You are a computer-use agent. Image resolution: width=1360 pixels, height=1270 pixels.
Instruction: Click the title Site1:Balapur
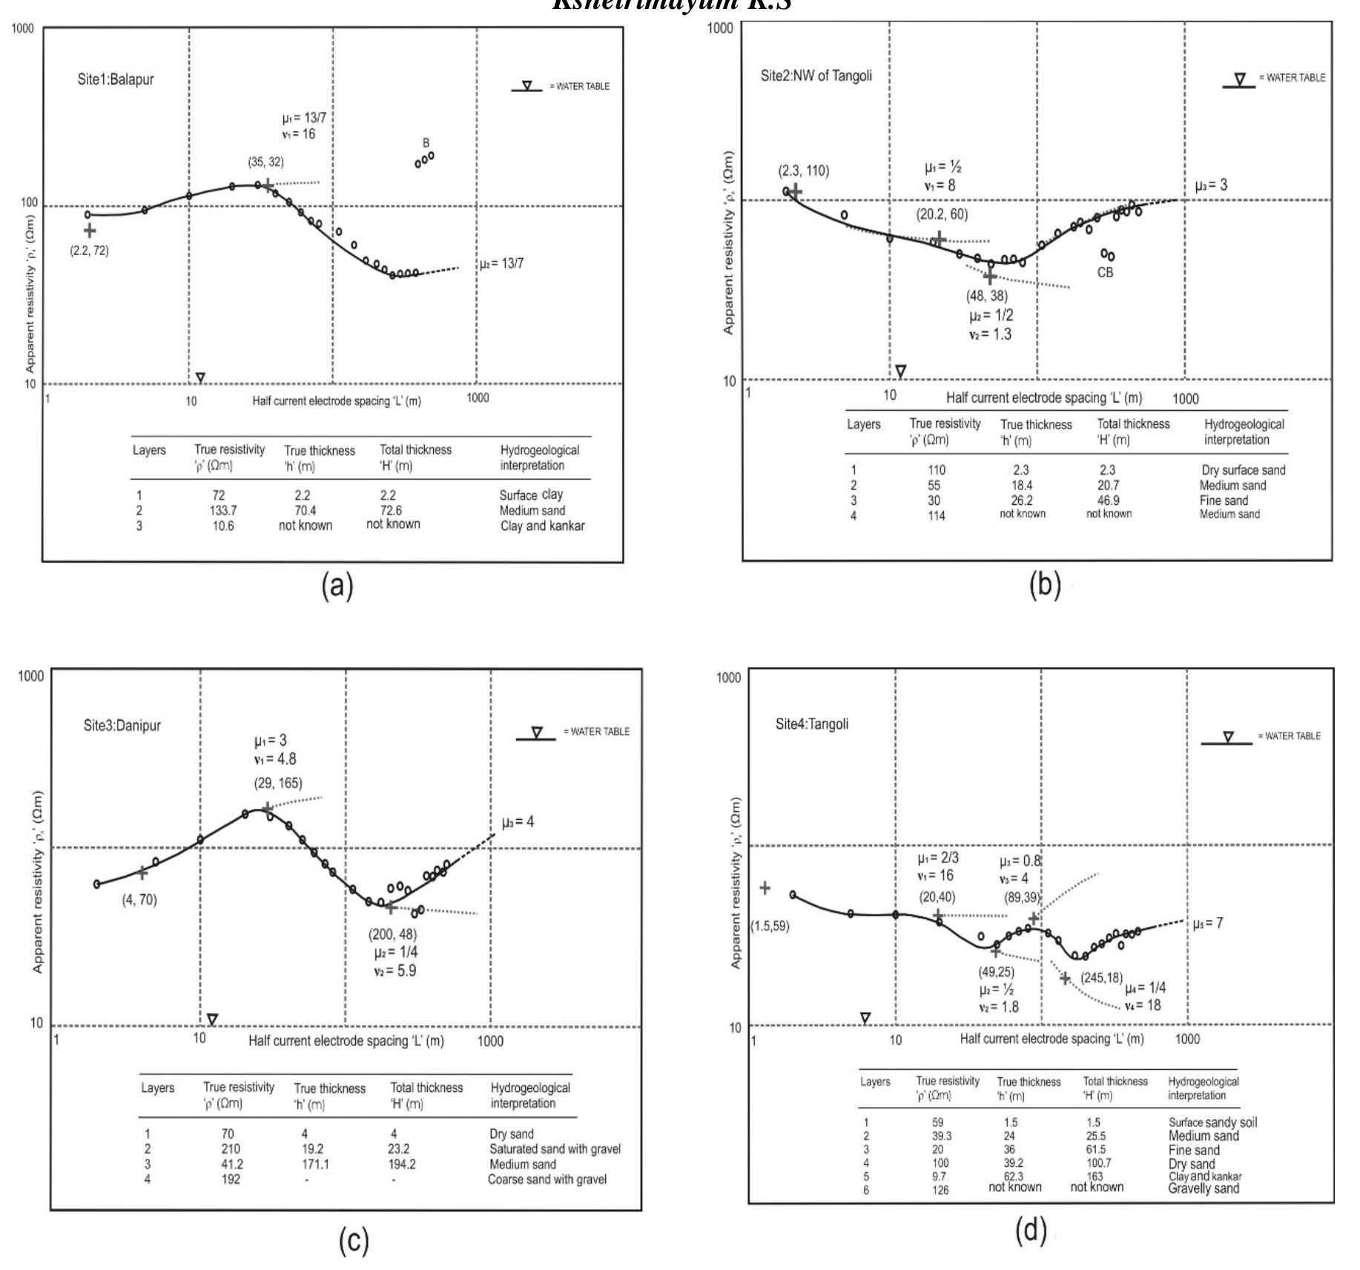click(x=116, y=79)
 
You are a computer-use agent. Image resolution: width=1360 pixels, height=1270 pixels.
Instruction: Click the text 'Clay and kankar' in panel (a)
click(x=542, y=526)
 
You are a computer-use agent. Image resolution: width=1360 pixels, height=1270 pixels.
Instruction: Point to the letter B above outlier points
click(x=426, y=142)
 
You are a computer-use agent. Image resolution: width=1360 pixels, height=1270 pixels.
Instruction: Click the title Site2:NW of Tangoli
click(x=816, y=76)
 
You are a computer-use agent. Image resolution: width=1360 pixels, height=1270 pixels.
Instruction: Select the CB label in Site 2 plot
click(x=1105, y=273)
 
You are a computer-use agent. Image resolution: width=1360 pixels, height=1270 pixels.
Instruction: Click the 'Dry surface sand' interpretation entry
click(x=1244, y=470)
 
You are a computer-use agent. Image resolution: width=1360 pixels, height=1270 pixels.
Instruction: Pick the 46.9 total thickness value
click(x=1108, y=500)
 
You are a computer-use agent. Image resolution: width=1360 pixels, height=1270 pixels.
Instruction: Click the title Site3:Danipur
click(x=122, y=725)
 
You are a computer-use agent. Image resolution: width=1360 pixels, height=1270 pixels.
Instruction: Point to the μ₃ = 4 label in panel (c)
click(x=518, y=822)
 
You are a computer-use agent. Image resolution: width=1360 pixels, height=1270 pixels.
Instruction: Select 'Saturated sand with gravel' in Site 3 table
click(x=555, y=1149)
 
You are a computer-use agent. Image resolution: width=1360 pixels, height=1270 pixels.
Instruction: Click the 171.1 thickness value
click(x=315, y=1165)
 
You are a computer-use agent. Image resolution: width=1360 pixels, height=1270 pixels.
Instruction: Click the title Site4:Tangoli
click(x=812, y=724)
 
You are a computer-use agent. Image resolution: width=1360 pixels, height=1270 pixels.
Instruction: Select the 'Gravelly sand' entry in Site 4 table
click(x=1204, y=1188)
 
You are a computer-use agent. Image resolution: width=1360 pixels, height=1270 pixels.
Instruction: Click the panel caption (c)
click(x=354, y=1240)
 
